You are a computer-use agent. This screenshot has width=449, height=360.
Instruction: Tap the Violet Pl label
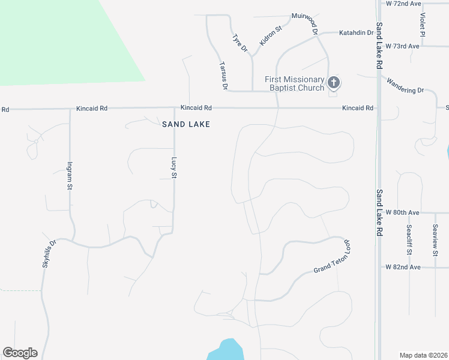423,25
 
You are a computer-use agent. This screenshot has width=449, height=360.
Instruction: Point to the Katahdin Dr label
357,32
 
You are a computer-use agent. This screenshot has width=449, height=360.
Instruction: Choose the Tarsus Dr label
223,76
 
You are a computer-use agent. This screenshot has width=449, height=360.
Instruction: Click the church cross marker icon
334,83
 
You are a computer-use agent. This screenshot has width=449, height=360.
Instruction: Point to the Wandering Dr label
405,86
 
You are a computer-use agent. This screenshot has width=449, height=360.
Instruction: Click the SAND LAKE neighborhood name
186,124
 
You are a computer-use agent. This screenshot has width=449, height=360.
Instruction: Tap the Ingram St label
70,176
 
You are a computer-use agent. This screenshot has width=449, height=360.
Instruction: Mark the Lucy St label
174,168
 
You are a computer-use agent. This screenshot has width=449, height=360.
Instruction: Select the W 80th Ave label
402,212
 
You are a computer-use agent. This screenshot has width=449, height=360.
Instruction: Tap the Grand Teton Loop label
331,258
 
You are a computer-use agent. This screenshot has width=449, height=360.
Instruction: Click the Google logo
20,353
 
